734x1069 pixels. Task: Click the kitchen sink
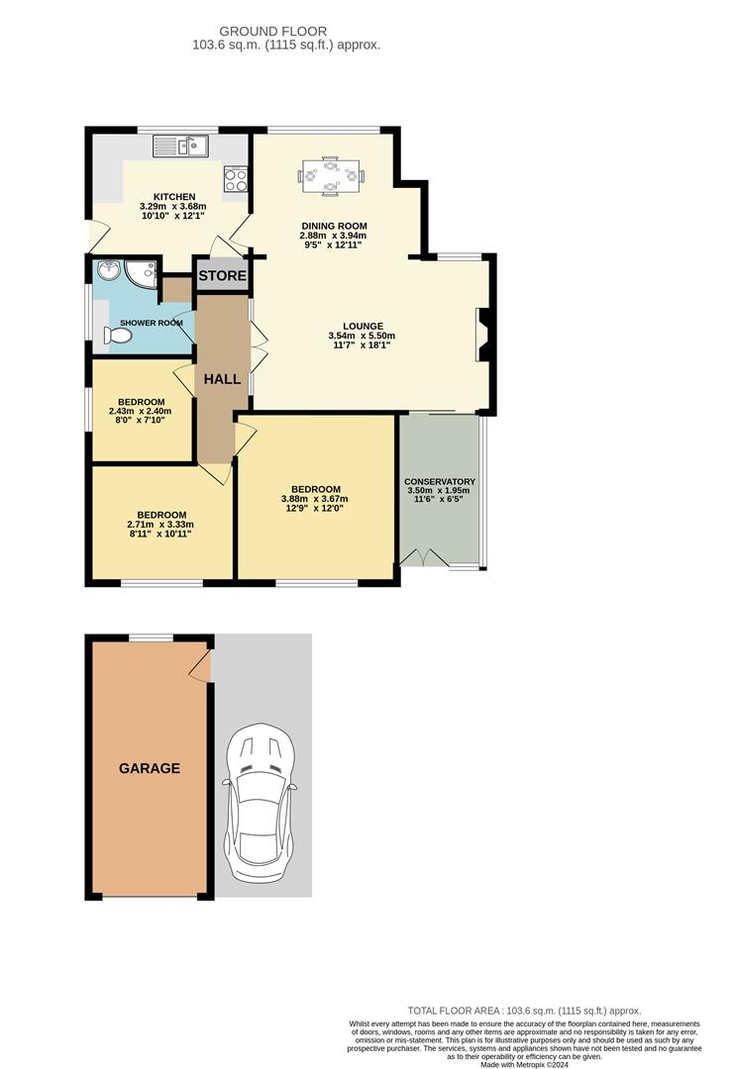click(179, 146)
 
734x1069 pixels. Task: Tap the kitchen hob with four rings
click(236, 178)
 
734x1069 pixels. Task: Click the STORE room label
click(222, 275)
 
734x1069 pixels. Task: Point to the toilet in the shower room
click(118, 337)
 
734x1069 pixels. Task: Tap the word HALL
click(222, 378)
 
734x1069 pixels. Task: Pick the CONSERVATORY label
click(441, 482)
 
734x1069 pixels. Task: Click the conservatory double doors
click(424, 557)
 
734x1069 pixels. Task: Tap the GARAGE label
click(150, 768)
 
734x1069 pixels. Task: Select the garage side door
click(201, 666)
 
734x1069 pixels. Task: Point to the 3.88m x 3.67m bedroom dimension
click(315, 499)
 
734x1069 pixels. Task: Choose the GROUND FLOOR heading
click(287, 32)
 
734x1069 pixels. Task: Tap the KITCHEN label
click(173, 196)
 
